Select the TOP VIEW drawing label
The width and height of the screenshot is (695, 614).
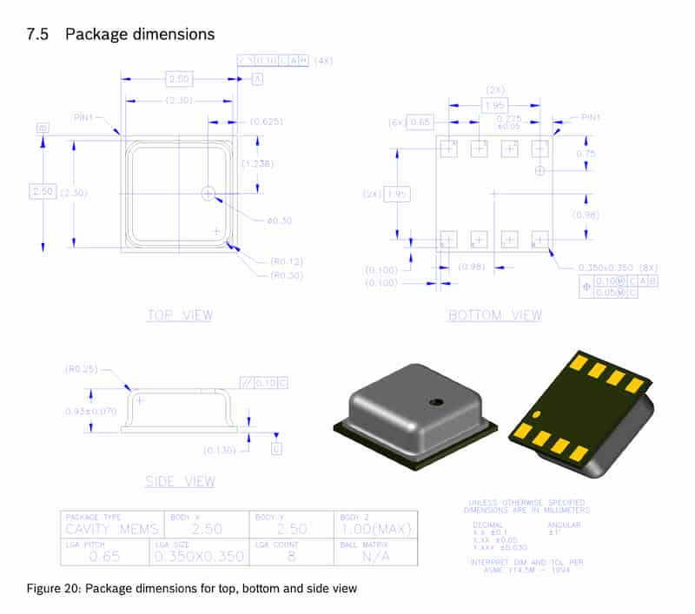[180, 315]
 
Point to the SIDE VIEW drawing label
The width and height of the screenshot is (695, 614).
[180, 481]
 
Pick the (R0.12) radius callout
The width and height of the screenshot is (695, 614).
[288, 261]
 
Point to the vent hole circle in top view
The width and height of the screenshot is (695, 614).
[208, 193]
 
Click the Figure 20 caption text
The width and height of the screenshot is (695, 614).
[191, 590]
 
